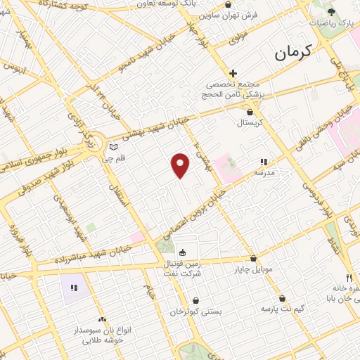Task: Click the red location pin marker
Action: [x=181, y=165]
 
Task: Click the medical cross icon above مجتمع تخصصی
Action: [x=233, y=73]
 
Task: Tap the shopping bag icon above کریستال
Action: [x=250, y=111]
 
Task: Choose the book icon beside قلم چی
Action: [x=112, y=148]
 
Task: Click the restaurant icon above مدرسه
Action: [x=264, y=162]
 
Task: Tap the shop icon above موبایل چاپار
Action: [x=253, y=258]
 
